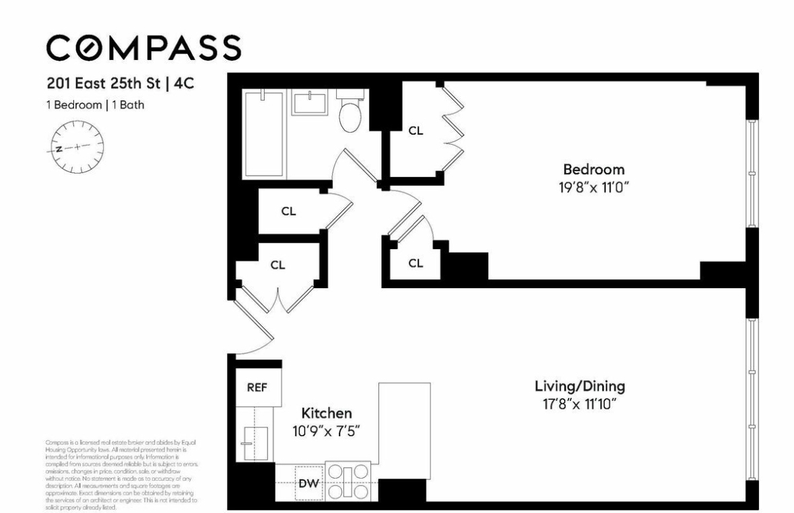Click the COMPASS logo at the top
pyautogui.click(x=143, y=47)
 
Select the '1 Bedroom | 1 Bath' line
pyautogui.click(x=95, y=104)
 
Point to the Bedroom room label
pyautogui.click(x=593, y=169)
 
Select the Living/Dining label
pyautogui.click(x=580, y=386)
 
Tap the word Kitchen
pyautogui.click(x=326, y=413)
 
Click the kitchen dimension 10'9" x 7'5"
pyautogui.click(x=326, y=431)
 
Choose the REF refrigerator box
pyautogui.click(x=258, y=388)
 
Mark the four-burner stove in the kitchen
pyautogui.click(x=348, y=481)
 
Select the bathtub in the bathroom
pyautogui.click(x=264, y=135)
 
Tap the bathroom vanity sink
pyautogui.click(x=310, y=104)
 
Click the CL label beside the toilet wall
pyautogui.click(x=416, y=131)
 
